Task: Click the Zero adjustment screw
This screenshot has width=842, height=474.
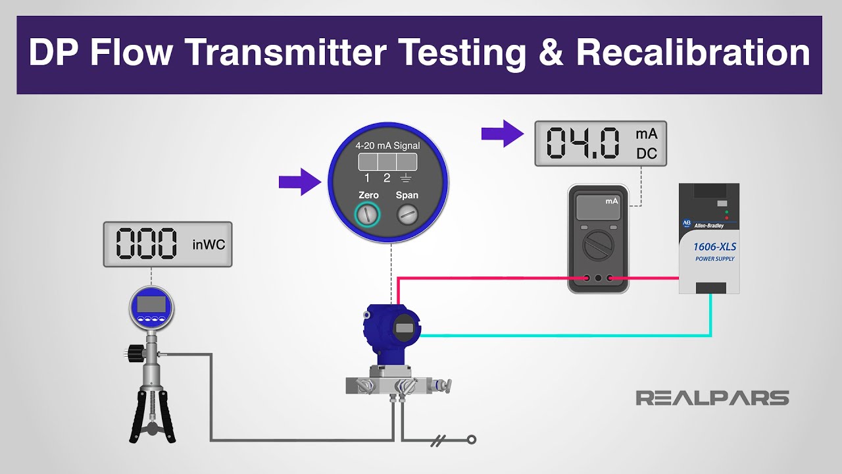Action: coord(368,213)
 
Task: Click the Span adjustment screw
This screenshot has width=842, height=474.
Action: coord(407,213)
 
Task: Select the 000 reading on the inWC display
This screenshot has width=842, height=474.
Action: coord(147,244)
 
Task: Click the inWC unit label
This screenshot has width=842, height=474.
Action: coord(209,245)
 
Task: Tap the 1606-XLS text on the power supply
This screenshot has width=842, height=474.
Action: coord(710,247)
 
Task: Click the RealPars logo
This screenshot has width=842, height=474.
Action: coord(712,398)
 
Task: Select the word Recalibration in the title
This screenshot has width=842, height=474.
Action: coord(693,53)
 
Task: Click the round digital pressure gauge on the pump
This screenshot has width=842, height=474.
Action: coord(151,307)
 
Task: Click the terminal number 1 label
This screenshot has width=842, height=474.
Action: coord(368,178)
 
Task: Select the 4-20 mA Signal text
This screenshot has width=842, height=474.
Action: coord(387,145)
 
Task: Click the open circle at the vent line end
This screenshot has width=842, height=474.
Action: coord(471,440)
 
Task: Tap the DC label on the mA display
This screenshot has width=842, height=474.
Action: coord(646,154)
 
